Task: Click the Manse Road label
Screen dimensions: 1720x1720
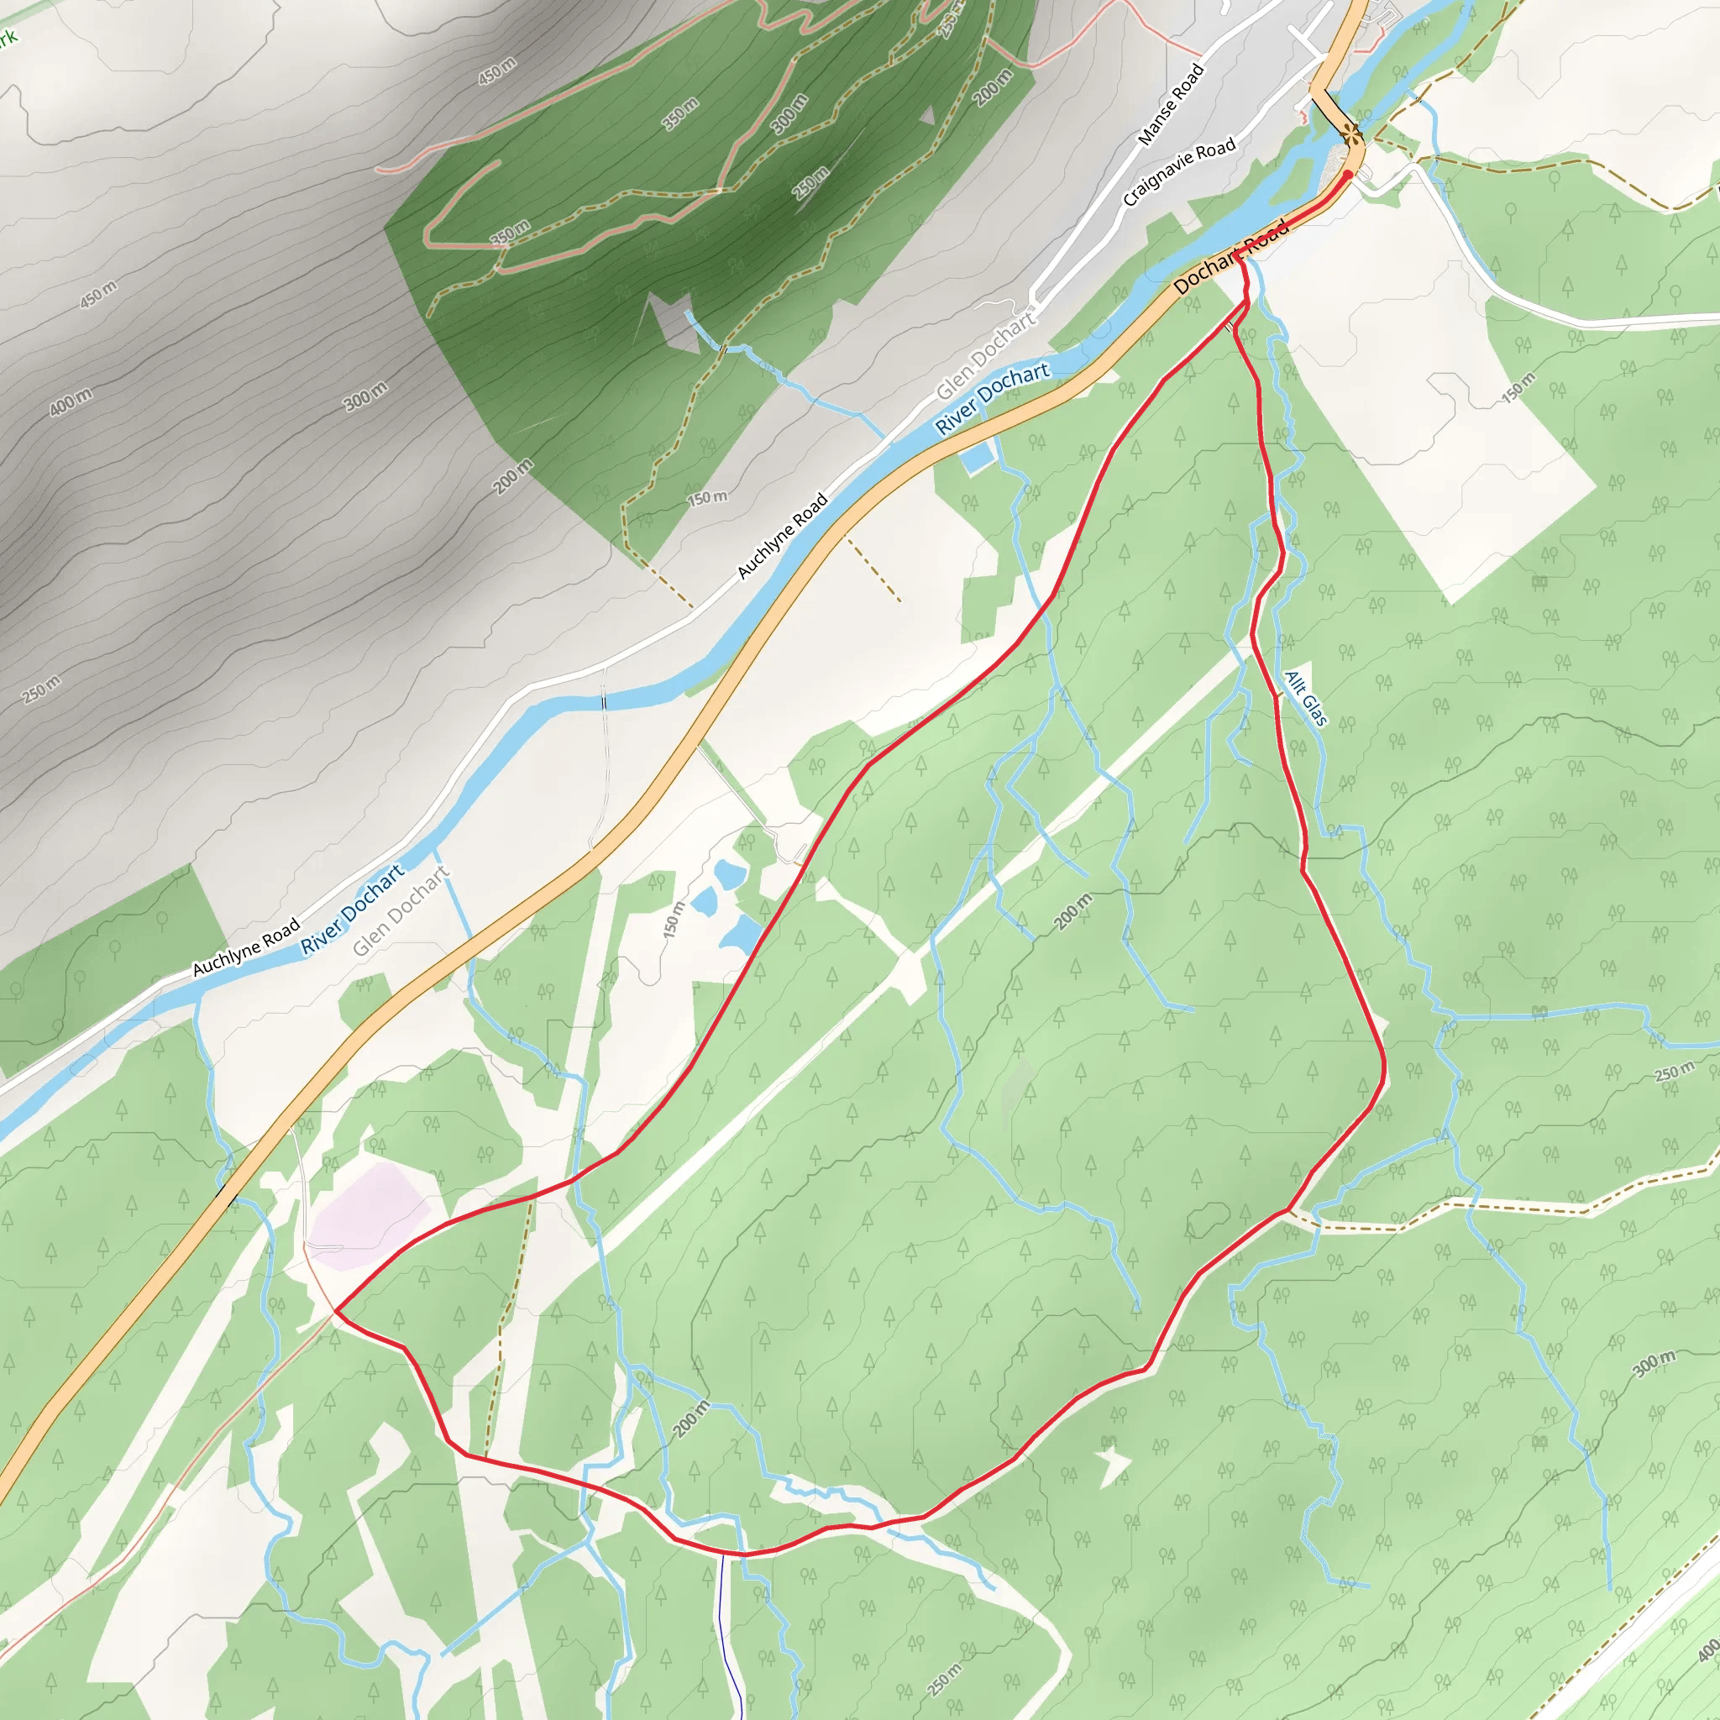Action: pos(1171,104)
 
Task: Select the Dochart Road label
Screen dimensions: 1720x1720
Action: pos(1231,257)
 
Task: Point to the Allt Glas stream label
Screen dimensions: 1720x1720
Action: pos(1306,699)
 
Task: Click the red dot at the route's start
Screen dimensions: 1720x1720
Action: pos(1348,175)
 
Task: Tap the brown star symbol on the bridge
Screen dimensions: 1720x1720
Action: pos(1352,135)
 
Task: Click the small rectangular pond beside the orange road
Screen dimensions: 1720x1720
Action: pos(978,458)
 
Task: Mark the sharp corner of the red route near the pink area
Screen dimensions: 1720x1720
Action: pos(335,1310)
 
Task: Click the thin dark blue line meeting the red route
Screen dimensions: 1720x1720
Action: pos(723,1602)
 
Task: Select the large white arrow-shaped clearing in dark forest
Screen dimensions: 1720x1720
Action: pos(673,321)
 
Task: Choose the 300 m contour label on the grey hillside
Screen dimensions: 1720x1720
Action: pos(366,396)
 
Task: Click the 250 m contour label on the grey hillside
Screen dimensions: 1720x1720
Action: pos(42,688)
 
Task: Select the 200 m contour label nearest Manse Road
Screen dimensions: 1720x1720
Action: pos(993,87)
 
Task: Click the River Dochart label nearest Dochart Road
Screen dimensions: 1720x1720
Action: pos(992,399)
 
